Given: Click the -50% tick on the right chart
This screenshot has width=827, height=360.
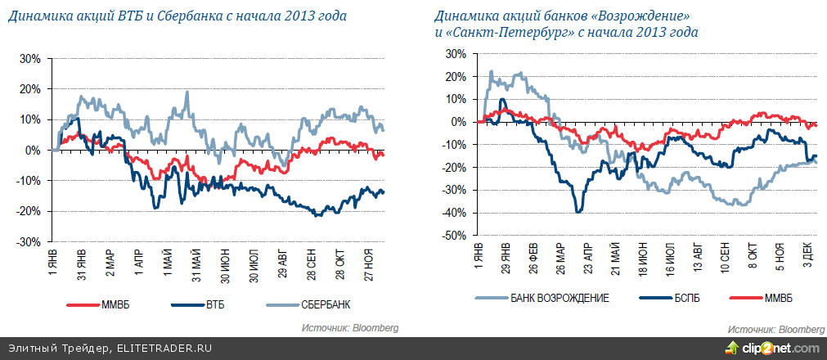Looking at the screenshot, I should (x=455, y=236).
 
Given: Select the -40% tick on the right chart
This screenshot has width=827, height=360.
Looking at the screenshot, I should (x=455, y=213).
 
